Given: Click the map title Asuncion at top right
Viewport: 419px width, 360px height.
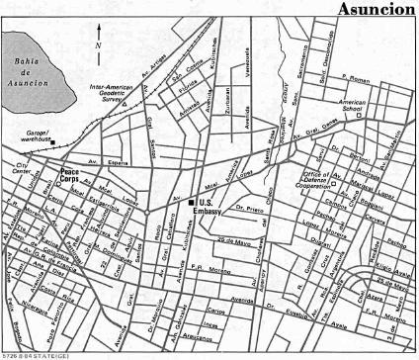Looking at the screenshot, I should point(377,10).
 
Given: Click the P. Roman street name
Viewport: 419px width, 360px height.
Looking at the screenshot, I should point(386,80).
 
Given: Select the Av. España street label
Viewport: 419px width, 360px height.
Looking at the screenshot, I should point(99,159).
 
